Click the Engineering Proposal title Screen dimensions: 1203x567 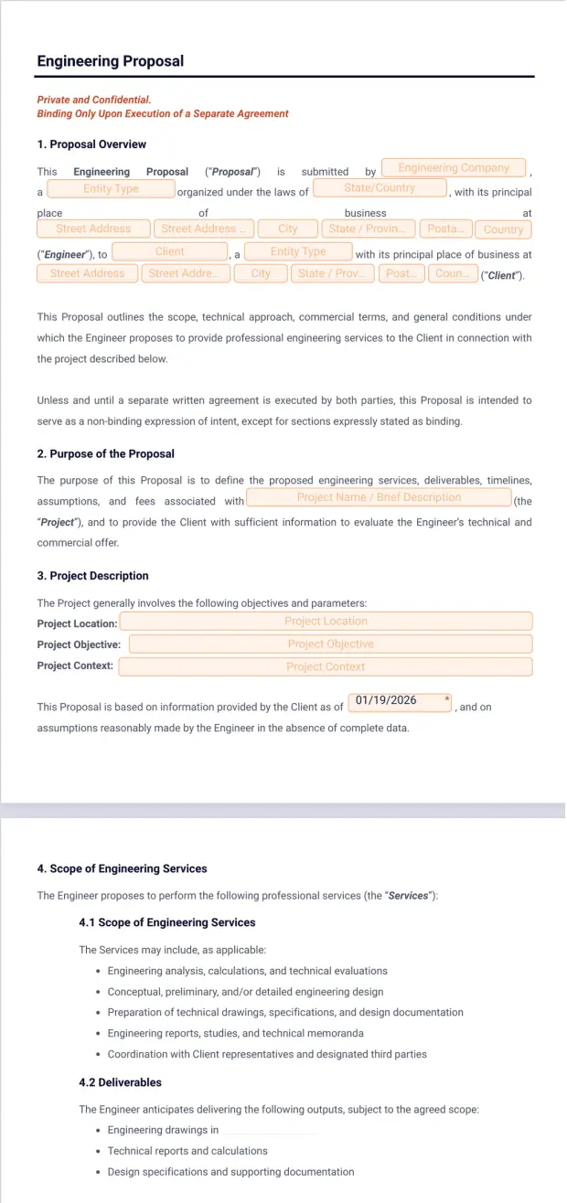click(x=111, y=61)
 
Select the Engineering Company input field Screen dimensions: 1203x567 click(x=454, y=168)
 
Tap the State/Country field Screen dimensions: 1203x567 click(x=380, y=188)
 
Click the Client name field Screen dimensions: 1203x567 click(x=170, y=251)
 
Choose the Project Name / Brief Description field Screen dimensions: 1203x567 click(x=379, y=497)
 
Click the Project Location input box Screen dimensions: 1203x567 click(x=326, y=622)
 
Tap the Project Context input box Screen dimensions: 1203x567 click(x=326, y=667)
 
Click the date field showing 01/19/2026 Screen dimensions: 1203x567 click(x=401, y=701)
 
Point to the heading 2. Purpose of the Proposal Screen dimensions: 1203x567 click(x=105, y=453)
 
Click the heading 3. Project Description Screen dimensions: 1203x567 click(x=92, y=576)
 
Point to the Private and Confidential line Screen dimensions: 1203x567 click(x=94, y=100)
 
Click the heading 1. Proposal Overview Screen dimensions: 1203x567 click(x=91, y=144)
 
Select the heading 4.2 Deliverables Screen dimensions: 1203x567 click(x=120, y=1082)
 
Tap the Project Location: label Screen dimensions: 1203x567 click(x=77, y=623)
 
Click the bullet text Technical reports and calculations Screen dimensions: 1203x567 click(x=187, y=1151)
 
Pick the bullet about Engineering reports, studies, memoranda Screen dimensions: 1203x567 click(x=235, y=1033)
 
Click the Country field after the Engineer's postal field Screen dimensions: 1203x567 click(x=504, y=229)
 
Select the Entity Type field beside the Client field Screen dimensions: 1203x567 click(x=298, y=251)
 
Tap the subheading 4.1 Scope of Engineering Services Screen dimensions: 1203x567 click(x=167, y=922)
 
